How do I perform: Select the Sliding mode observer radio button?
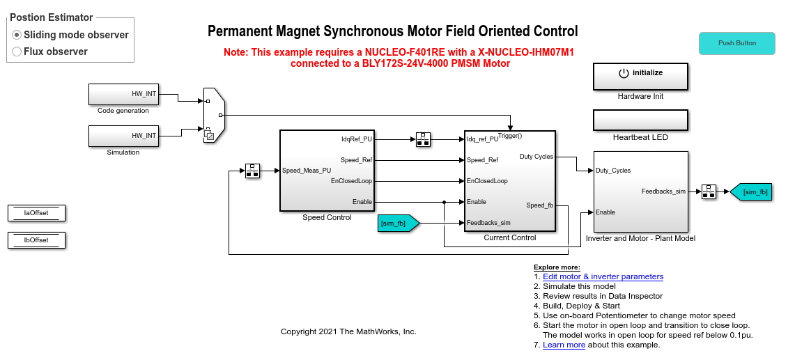pyautogui.click(x=17, y=35)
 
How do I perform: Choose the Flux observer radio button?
pyautogui.click(x=17, y=52)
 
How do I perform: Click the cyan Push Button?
pyautogui.click(x=736, y=43)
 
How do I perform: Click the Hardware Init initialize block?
pyautogui.click(x=640, y=77)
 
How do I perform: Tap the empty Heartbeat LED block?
pyautogui.click(x=640, y=120)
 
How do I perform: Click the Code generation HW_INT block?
pyautogui.click(x=123, y=94)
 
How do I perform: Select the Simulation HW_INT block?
pyautogui.click(x=123, y=136)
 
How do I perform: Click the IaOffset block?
pyautogui.click(x=36, y=213)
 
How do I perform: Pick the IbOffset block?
pyautogui.click(x=36, y=240)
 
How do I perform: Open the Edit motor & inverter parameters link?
pyautogui.click(x=603, y=276)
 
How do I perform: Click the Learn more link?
pyautogui.click(x=564, y=345)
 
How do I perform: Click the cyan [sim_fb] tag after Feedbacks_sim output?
pyautogui.click(x=752, y=191)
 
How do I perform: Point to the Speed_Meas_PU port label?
pyautogui.click(x=307, y=171)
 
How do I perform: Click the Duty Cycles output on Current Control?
pyautogui.click(x=536, y=157)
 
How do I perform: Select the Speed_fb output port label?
pyautogui.click(x=539, y=205)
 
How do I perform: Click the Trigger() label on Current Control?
pyautogui.click(x=510, y=136)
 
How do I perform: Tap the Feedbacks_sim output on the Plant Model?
pyautogui.click(x=663, y=191)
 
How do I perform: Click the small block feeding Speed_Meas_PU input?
pyautogui.click(x=252, y=171)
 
